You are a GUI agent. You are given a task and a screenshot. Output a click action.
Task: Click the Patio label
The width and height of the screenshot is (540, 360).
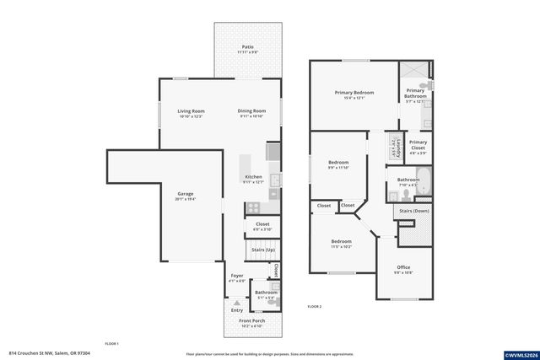247,47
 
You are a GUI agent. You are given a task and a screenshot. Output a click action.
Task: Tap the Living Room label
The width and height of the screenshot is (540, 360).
191,111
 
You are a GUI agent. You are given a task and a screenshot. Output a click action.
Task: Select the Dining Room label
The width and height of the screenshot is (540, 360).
251,111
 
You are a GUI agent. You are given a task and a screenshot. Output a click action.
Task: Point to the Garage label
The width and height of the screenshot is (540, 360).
185,194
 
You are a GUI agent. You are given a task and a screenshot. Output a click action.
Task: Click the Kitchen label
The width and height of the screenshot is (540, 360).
253,177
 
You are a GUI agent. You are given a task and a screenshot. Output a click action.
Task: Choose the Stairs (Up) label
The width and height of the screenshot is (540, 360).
261,250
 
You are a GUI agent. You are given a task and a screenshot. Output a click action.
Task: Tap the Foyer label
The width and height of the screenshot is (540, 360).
238,276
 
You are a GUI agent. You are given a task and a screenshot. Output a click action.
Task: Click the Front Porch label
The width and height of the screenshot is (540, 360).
251,321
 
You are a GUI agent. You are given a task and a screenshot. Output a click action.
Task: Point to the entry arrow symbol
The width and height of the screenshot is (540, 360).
237,302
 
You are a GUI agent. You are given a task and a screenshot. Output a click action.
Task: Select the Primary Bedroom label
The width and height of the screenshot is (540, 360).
354,93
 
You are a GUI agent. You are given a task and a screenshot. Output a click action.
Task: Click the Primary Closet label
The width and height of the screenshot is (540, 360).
418,144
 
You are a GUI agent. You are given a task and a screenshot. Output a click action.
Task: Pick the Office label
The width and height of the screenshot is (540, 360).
403,268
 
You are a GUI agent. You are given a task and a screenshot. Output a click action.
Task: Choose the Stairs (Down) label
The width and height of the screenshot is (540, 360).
413,211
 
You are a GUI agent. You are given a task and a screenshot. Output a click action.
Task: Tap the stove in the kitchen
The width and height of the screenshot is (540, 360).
252,207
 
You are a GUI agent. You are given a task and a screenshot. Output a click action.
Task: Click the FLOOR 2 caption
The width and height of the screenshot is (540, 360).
314,306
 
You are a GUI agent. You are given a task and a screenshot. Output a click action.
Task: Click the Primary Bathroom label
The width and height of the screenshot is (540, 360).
416,94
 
